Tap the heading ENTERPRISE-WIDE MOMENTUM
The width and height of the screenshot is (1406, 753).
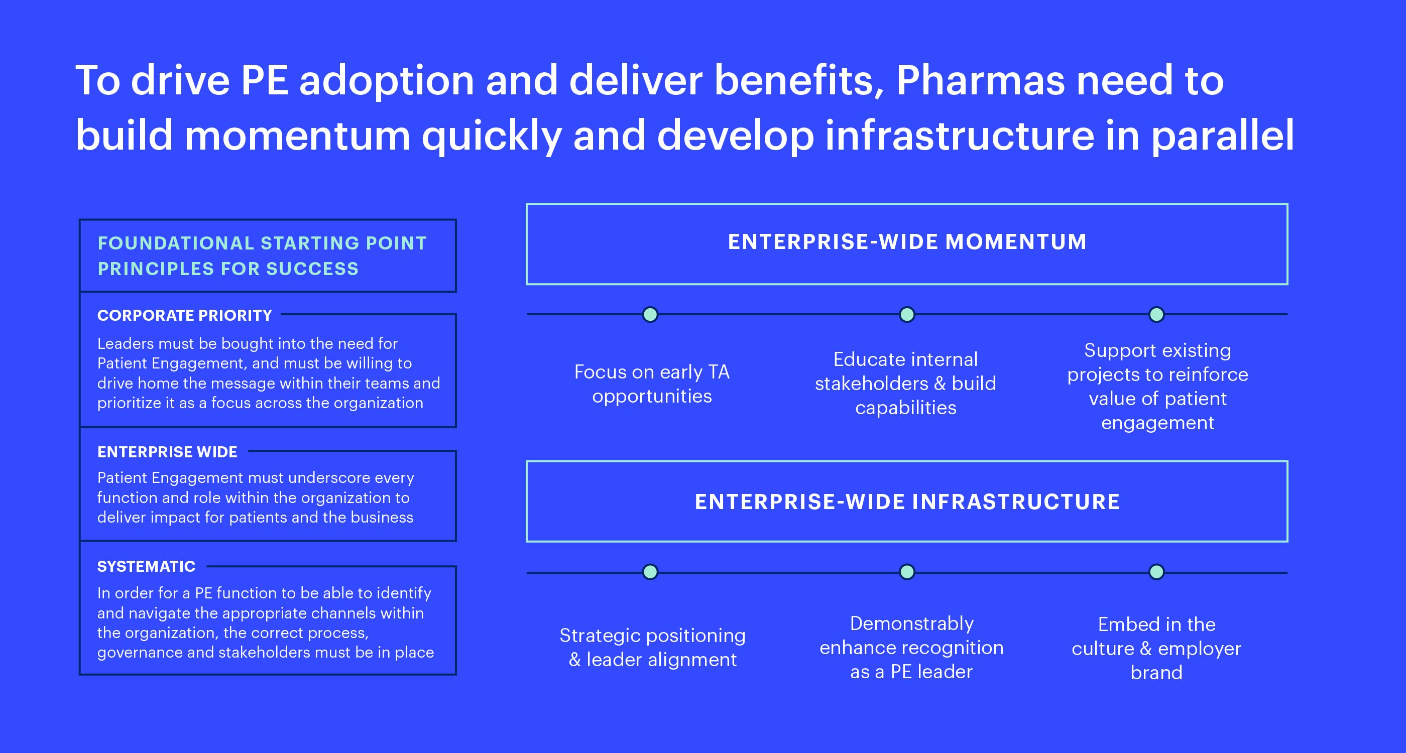click(907, 242)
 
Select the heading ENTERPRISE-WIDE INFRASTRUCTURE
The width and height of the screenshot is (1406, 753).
click(907, 501)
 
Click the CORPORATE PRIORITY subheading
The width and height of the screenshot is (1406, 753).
click(184, 315)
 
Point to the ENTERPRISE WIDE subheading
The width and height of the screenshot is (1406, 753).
click(167, 452)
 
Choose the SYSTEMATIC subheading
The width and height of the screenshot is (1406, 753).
click(146, 566)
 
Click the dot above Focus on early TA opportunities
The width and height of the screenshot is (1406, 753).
click(650, 314)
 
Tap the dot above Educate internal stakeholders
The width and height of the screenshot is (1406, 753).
click(906, 314)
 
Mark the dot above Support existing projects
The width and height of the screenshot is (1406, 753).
click(1156, 314)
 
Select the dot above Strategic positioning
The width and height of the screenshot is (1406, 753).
click(650, 572)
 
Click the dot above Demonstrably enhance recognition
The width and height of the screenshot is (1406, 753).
click(906, 572)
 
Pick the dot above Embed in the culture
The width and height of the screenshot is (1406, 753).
click(1156, 572)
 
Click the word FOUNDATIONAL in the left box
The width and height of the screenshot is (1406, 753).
click(176, 243)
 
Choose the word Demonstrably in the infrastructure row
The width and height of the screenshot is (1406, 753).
click(911, 623)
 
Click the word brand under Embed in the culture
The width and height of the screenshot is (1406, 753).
click(1156, 672)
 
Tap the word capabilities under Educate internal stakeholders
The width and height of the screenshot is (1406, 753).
click(906, 408)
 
